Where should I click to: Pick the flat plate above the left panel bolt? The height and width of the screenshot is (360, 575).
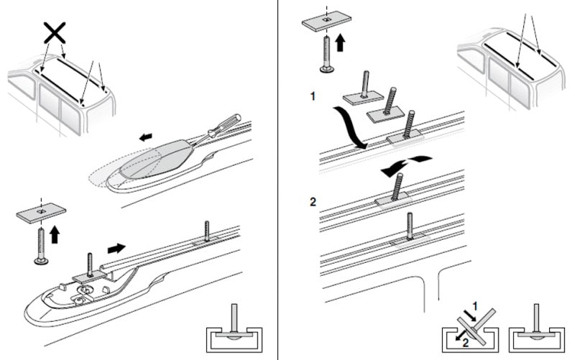[41, 211]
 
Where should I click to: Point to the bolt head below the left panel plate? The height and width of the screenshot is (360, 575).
[41, 261]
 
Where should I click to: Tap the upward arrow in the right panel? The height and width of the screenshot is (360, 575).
[341, 44]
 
